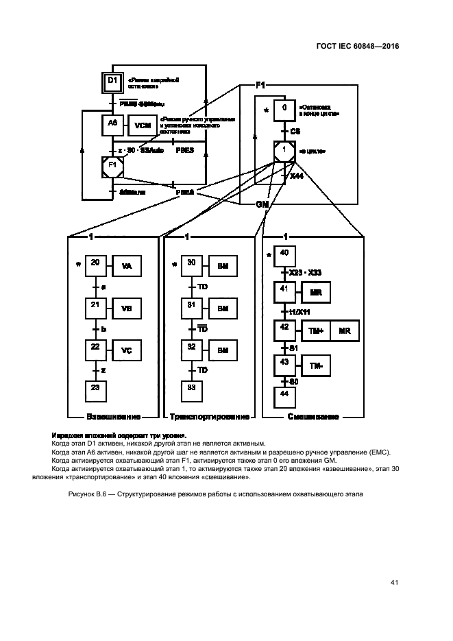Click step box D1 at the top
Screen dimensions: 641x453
point(113,83)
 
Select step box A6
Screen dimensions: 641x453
point(113,124)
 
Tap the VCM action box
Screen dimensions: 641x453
point(143,125)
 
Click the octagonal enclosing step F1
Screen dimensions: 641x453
point(113,165)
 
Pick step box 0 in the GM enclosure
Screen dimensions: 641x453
point(284,109)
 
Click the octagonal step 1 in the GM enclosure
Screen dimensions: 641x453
point(284,151)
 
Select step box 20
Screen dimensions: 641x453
point(95,264)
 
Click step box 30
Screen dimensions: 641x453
point(192,264)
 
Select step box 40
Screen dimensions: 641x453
point(284,255)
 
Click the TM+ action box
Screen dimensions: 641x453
point(316,330)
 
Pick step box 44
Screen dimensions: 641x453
point(284,396)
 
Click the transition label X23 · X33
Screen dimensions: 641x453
point(305,273)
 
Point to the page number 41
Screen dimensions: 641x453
point(394,583)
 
